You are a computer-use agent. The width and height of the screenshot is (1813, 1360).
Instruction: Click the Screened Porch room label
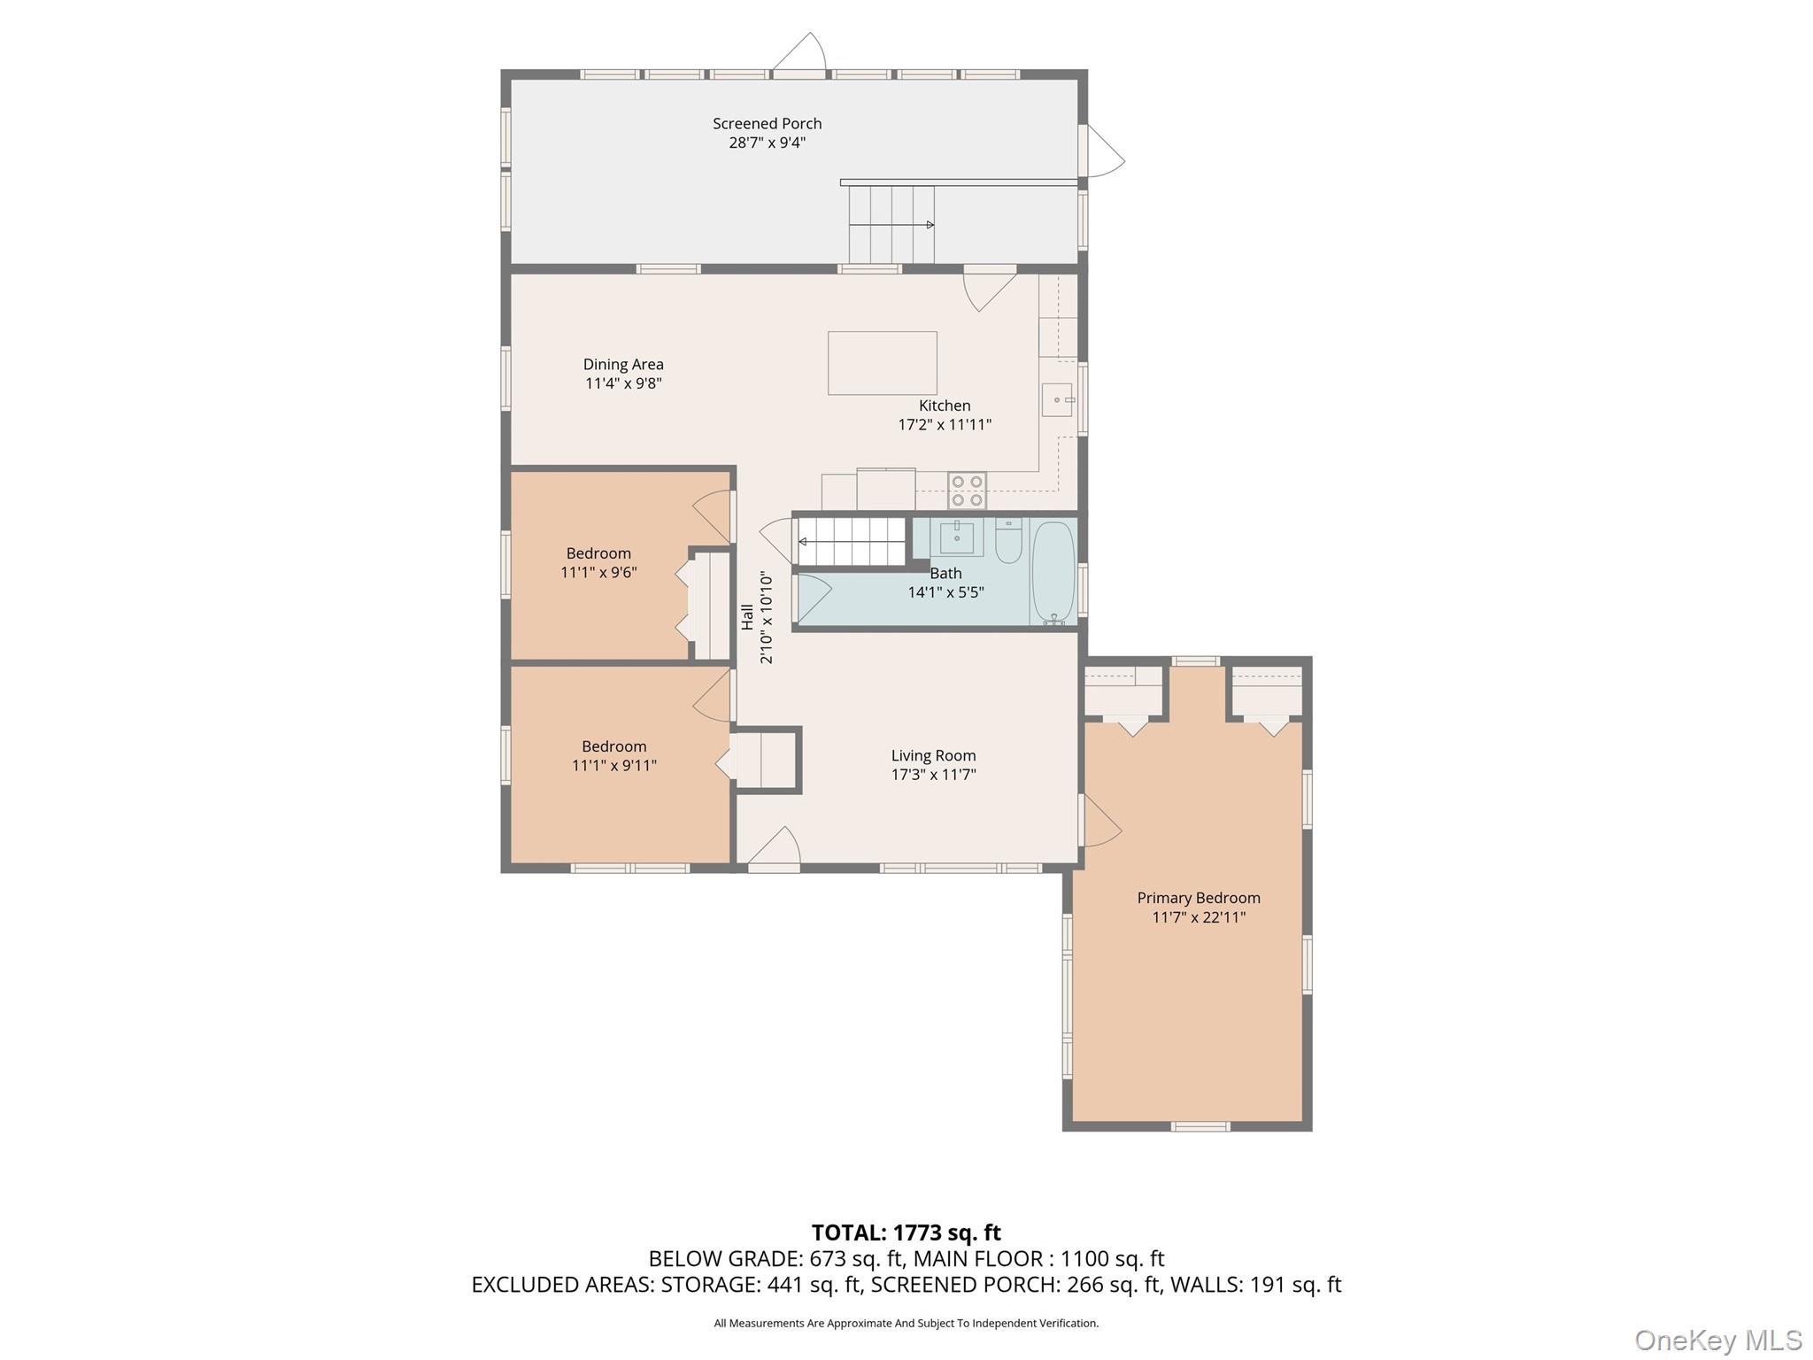[x=767, y=124]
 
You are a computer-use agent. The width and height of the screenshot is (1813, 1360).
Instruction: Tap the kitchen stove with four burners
[x=967, y=491]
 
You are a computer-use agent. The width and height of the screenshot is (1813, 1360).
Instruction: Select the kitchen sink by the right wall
[x=1057, y=400]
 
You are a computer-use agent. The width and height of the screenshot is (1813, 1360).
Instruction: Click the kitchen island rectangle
[x=882, y=363]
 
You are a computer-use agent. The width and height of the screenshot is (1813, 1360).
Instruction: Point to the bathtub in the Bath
[x=1053, y=572]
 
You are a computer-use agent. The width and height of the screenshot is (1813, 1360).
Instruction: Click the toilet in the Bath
[x=1008, y=543]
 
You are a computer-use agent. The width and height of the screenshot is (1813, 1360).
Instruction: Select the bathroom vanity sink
[x=956, y=537]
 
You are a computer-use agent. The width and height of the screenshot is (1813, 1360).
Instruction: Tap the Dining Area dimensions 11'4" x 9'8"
[x=623, y=383]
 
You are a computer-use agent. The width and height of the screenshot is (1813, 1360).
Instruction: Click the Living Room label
[x=933, y=755]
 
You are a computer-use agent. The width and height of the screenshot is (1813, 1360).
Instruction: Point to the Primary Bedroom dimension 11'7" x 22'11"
[x=1198, y=917]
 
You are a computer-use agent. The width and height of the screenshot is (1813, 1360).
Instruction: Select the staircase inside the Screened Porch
[x=891, y=224]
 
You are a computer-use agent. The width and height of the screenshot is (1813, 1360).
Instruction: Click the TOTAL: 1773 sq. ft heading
[x=906, y=1232]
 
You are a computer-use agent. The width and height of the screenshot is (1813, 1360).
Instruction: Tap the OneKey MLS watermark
[x=1717, y=1340]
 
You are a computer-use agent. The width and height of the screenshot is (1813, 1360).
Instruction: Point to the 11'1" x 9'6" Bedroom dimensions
[x=598, y=572]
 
